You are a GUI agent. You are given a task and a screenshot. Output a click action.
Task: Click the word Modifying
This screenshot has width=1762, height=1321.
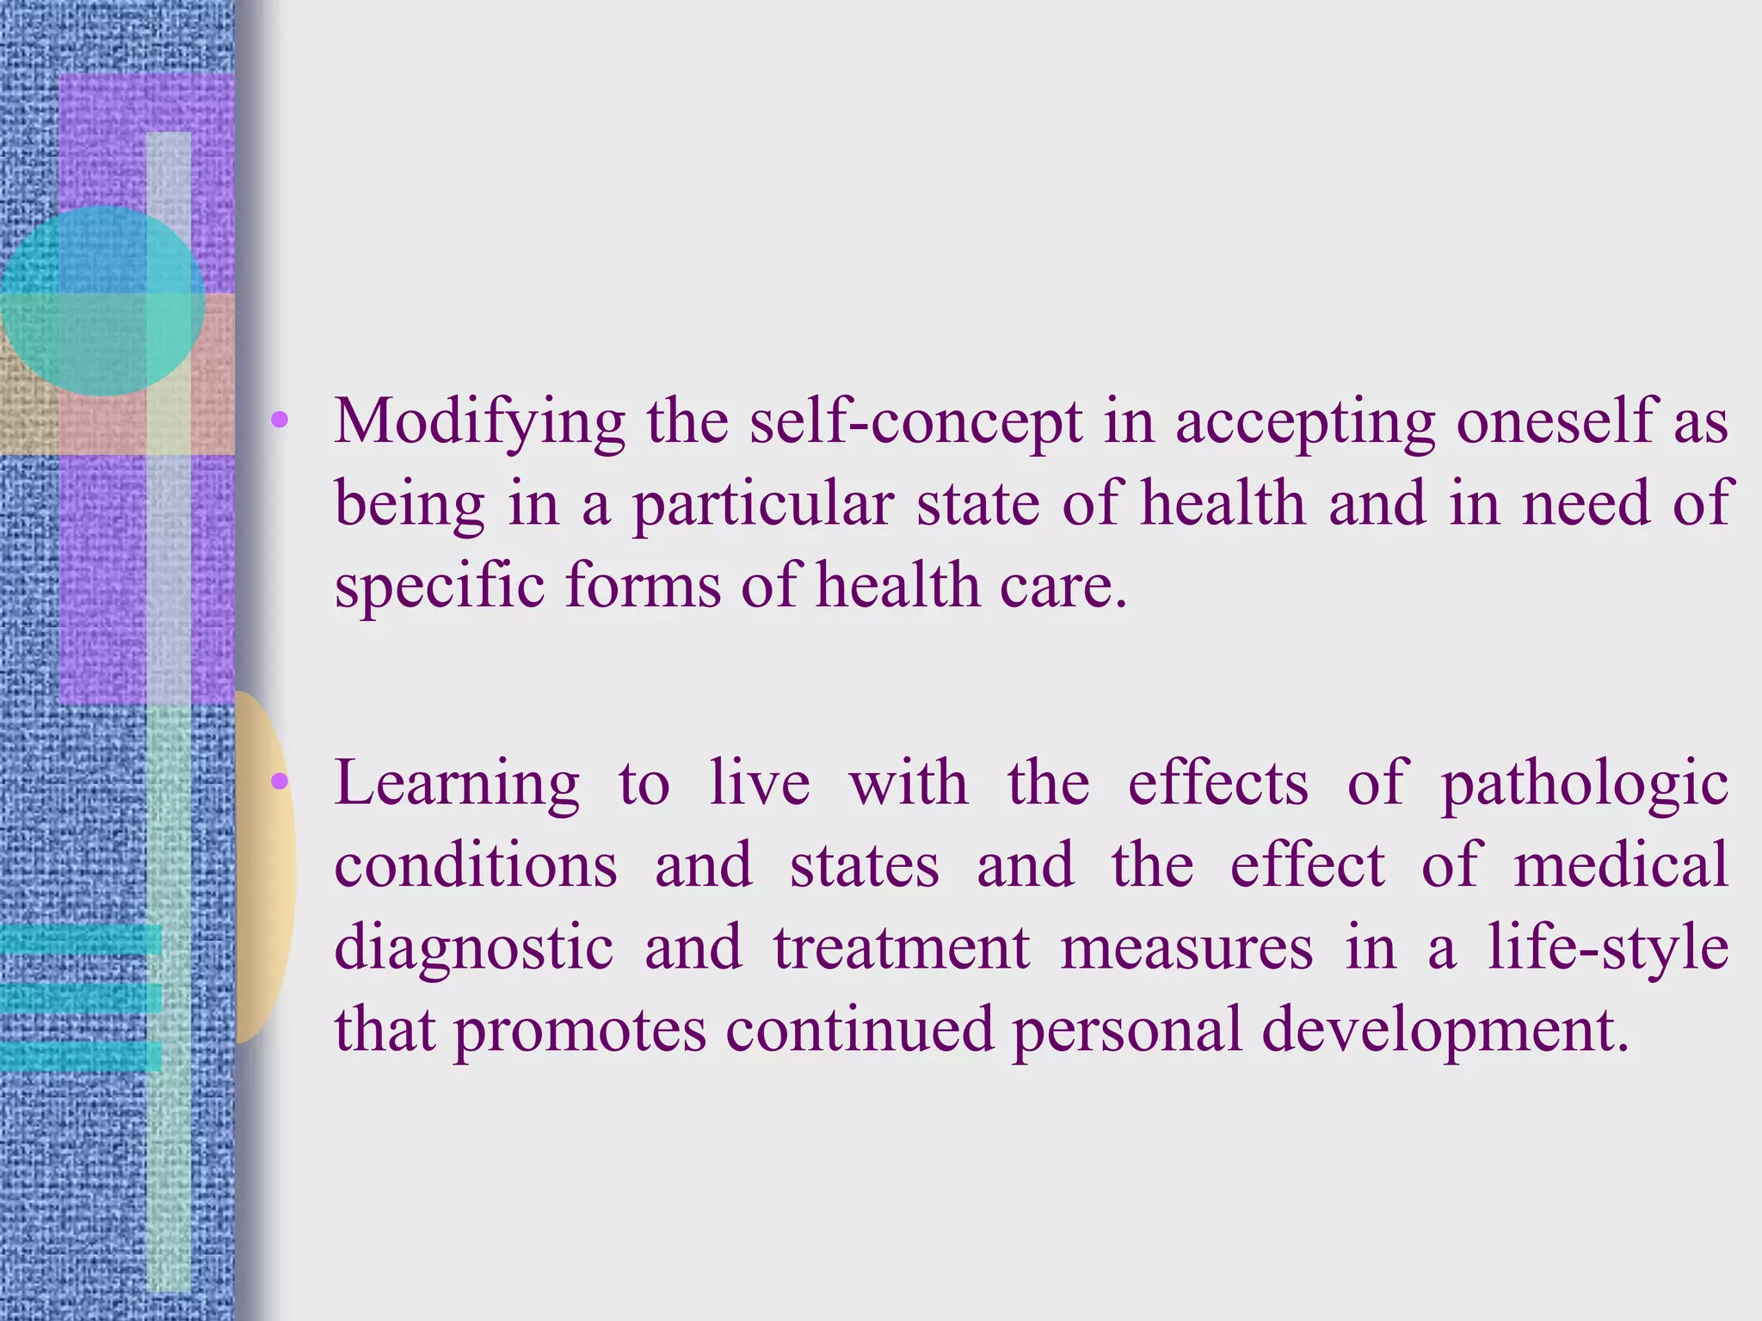pos(479,423)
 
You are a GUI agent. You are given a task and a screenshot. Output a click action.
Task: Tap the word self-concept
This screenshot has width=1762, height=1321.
pos(915,421)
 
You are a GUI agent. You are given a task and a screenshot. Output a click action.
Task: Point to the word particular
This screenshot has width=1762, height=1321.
pos(763,505)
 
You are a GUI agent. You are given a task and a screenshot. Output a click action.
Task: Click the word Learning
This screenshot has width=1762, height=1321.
pos(457,784)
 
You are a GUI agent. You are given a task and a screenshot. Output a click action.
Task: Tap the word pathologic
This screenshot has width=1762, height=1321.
pos(1584,784)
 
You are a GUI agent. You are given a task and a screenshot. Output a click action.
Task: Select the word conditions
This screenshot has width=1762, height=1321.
pos(476,865)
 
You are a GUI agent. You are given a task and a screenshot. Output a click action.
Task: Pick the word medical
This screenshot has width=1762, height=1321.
pos(1621,865)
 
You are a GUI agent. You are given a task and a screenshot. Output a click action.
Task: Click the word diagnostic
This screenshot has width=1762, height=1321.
pos(474,947)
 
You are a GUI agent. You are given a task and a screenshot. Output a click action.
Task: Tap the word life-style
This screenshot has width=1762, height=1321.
pos(1608,947)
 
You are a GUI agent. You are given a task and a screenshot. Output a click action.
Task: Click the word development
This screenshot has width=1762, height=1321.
pos(1445,1030)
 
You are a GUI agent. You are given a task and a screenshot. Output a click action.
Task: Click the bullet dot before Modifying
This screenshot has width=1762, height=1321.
pos(279,421)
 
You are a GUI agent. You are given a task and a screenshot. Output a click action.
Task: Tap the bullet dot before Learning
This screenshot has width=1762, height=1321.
pos(279,781)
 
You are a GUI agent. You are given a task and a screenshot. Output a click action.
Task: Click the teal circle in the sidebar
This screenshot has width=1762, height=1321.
pos(102,300)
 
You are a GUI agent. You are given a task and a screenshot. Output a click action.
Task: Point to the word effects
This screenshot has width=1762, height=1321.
pos(1217,784)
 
